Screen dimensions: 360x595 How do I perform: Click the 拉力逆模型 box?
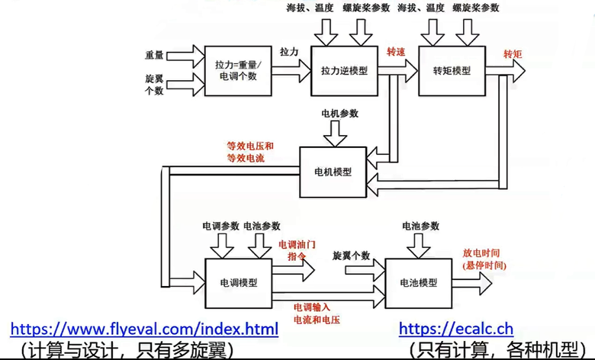click(344, 70)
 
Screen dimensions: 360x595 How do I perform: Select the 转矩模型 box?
click(452, 70)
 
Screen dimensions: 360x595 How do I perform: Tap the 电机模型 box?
click(333, 172)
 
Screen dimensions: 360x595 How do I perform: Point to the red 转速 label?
click(396, 53)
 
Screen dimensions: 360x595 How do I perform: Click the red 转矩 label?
click(513, 54)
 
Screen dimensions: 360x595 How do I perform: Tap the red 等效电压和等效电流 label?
click(249, 151)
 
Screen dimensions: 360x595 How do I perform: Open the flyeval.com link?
click(144, 329)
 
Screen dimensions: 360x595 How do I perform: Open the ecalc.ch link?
click(455, 329)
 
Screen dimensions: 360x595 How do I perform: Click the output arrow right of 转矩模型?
click(507, 70)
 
